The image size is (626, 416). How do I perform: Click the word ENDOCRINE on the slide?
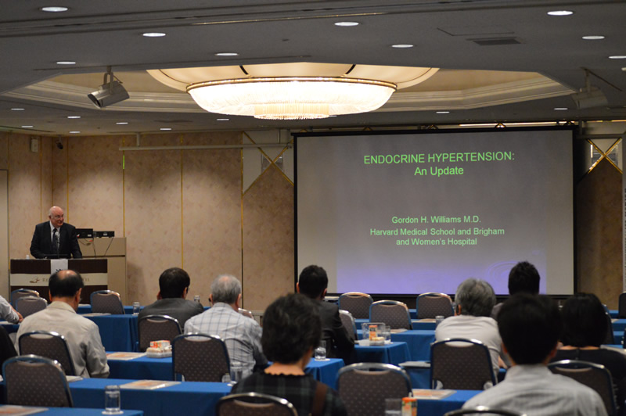(x=394, y=159)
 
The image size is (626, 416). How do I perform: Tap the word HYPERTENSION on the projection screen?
(x=471, y=157)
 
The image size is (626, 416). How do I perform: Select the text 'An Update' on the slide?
(x=439, y=171)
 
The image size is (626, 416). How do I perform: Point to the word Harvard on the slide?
(x=384, y=231)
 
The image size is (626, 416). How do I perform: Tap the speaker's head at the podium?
(x=56, y=216)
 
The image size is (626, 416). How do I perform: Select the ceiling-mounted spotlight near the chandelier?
(x=108, y=91)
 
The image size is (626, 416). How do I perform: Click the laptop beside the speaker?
(x=85, y=233)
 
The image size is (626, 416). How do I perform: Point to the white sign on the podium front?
(x=59, y=266)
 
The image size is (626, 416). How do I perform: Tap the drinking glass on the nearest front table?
(x=112, y=399)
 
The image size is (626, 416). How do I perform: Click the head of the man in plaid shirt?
(x=226, y=289)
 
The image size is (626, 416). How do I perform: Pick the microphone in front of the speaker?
(x=57, y=238)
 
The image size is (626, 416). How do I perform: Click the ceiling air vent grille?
(x=496, y=41)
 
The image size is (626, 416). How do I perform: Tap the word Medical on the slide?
(x=416, y=231)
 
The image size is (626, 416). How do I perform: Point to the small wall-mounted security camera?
(x=59, y=144)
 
